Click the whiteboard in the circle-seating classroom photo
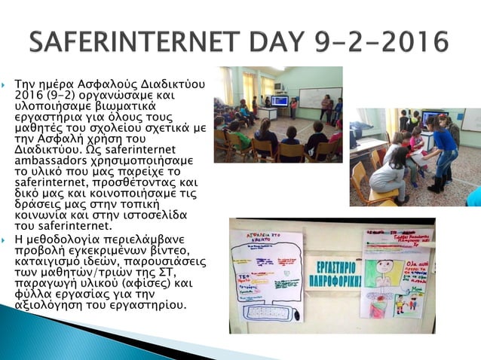319,97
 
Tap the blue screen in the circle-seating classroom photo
280,100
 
